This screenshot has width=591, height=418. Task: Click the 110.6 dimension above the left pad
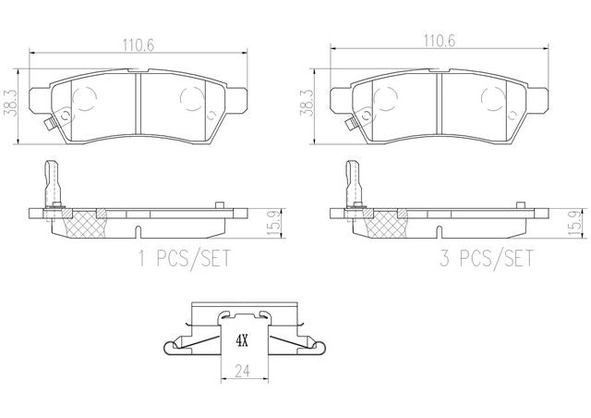[x=138, y=45]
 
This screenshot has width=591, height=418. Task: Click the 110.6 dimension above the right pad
[x=439, y=41]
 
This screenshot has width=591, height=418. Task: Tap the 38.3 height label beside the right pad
[x=307, y=103]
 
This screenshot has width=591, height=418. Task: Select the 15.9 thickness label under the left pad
[x=273, y=224]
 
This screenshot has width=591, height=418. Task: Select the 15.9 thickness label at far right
[x=574, y=223]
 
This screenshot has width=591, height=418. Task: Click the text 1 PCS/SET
[x=185, y=258]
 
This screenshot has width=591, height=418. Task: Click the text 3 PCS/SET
[x=487, y=258]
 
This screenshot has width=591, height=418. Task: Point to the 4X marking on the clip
[x=242, y=341]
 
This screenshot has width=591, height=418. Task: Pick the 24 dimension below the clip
[x=242, y=371]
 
